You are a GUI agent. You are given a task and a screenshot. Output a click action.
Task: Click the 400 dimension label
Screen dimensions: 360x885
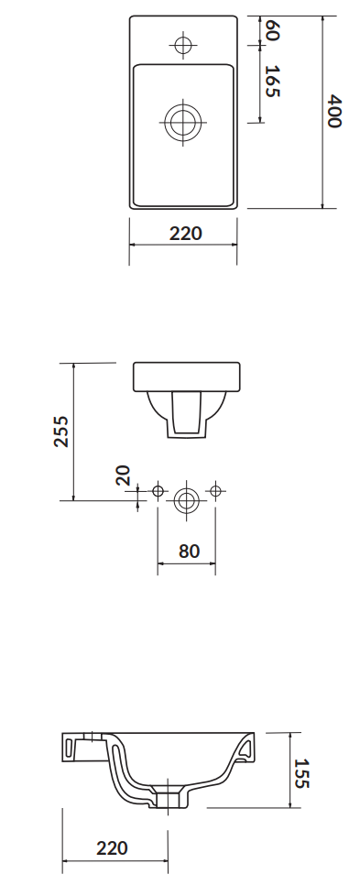click(334, 112)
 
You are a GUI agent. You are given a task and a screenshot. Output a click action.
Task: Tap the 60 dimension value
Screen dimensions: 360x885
click(272, 30)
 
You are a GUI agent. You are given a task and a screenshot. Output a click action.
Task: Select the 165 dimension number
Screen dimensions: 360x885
click(272, 82)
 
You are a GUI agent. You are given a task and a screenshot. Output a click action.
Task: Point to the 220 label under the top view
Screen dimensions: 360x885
click(186, 233)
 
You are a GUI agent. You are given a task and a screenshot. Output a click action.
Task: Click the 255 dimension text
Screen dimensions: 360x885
click(61, 432)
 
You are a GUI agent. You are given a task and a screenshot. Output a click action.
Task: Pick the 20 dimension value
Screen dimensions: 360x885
click(123, 475)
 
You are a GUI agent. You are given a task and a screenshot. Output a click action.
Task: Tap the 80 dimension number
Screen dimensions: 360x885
click(189, 551)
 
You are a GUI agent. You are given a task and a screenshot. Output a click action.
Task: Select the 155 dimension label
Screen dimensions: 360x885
click(301, 772)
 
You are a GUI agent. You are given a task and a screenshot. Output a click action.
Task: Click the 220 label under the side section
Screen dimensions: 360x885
click(112, 847)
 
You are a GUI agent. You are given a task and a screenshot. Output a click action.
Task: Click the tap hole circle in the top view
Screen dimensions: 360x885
click(183, 45)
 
